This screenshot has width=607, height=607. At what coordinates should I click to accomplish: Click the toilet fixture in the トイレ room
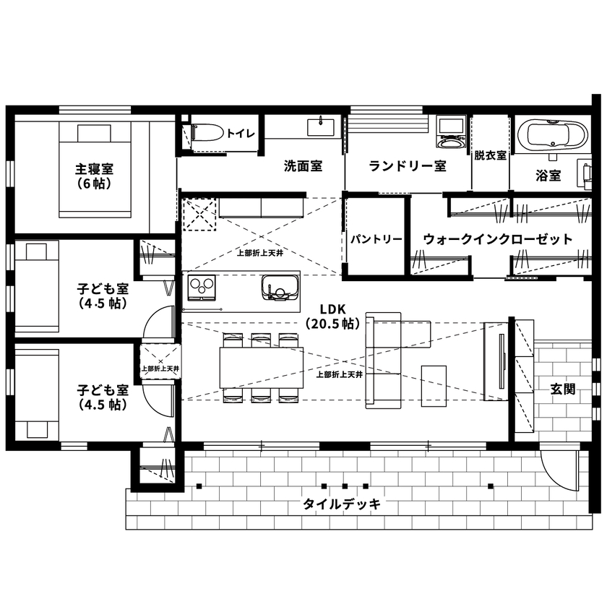[x=205, y=134]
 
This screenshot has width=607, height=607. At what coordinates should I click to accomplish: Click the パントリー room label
[x=376, y=239]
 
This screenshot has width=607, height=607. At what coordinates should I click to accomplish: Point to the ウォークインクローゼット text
[x=497, y=238]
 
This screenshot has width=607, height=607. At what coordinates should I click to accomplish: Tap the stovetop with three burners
[x=202, y=287]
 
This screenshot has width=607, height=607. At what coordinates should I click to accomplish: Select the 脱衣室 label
[x=490, y=155]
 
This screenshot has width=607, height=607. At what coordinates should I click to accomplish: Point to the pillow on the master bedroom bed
[x=95, y=133]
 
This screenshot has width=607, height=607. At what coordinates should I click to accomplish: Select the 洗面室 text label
[x=302, y=166]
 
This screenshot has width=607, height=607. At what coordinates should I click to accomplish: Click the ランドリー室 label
[x=407, y=166]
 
